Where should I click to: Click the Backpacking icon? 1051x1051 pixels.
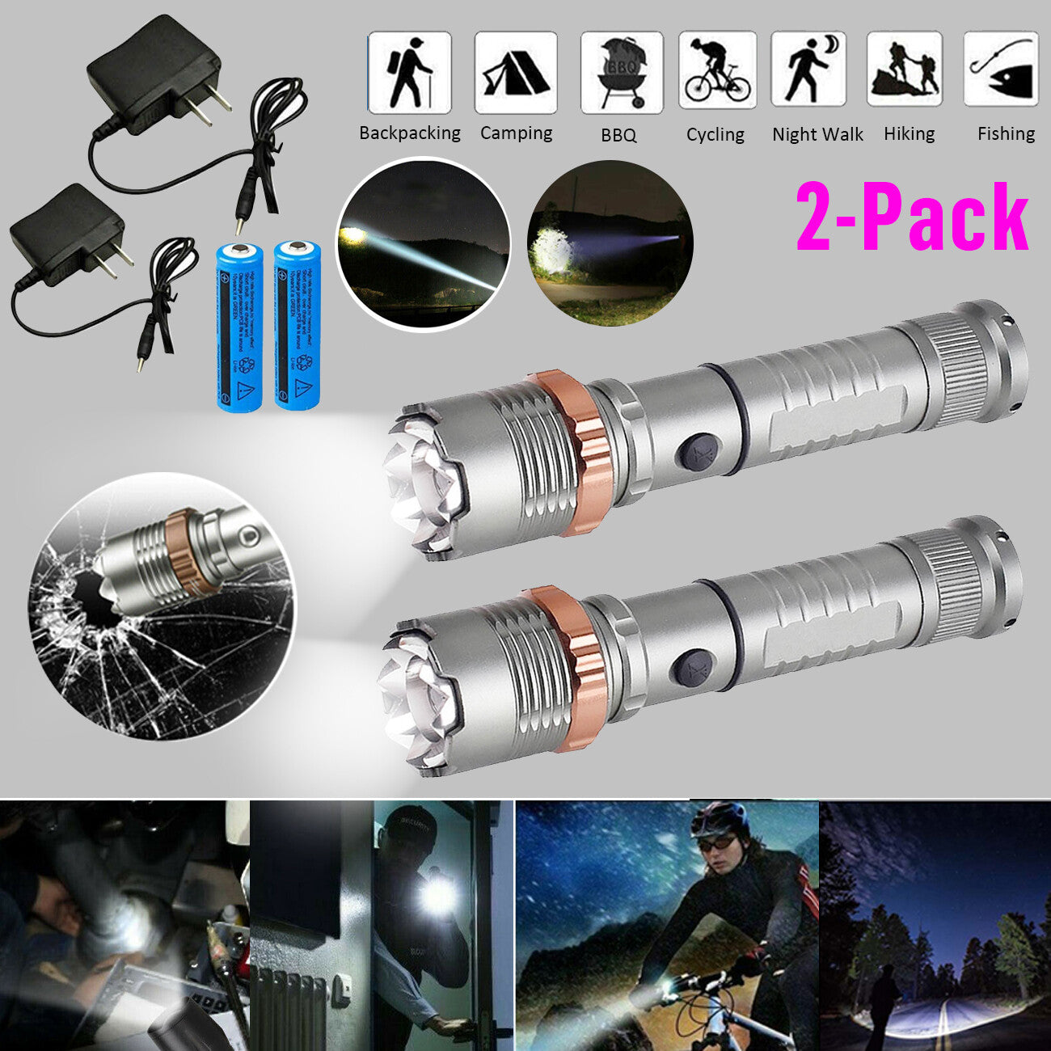click(x=409, y=73)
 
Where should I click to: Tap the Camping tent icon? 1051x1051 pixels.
click(x=516, y=73)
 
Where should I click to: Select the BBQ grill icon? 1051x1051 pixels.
click(x=621, y=73)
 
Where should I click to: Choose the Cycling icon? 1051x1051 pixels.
click(x=717, y=71)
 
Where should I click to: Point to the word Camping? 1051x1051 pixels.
click(x=516, y=133)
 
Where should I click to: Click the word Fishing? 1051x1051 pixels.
click(x=1006, y=134)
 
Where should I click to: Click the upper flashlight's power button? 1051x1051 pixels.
click(x=693, y=450)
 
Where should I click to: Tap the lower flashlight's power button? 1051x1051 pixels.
click(x=688, y=669)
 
